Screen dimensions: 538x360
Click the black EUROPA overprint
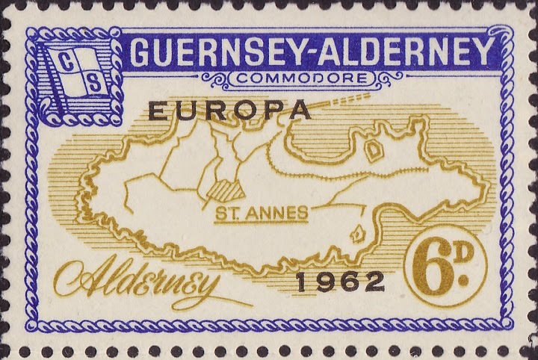click(229, 111)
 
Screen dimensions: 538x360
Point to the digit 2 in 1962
click(376, 282)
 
